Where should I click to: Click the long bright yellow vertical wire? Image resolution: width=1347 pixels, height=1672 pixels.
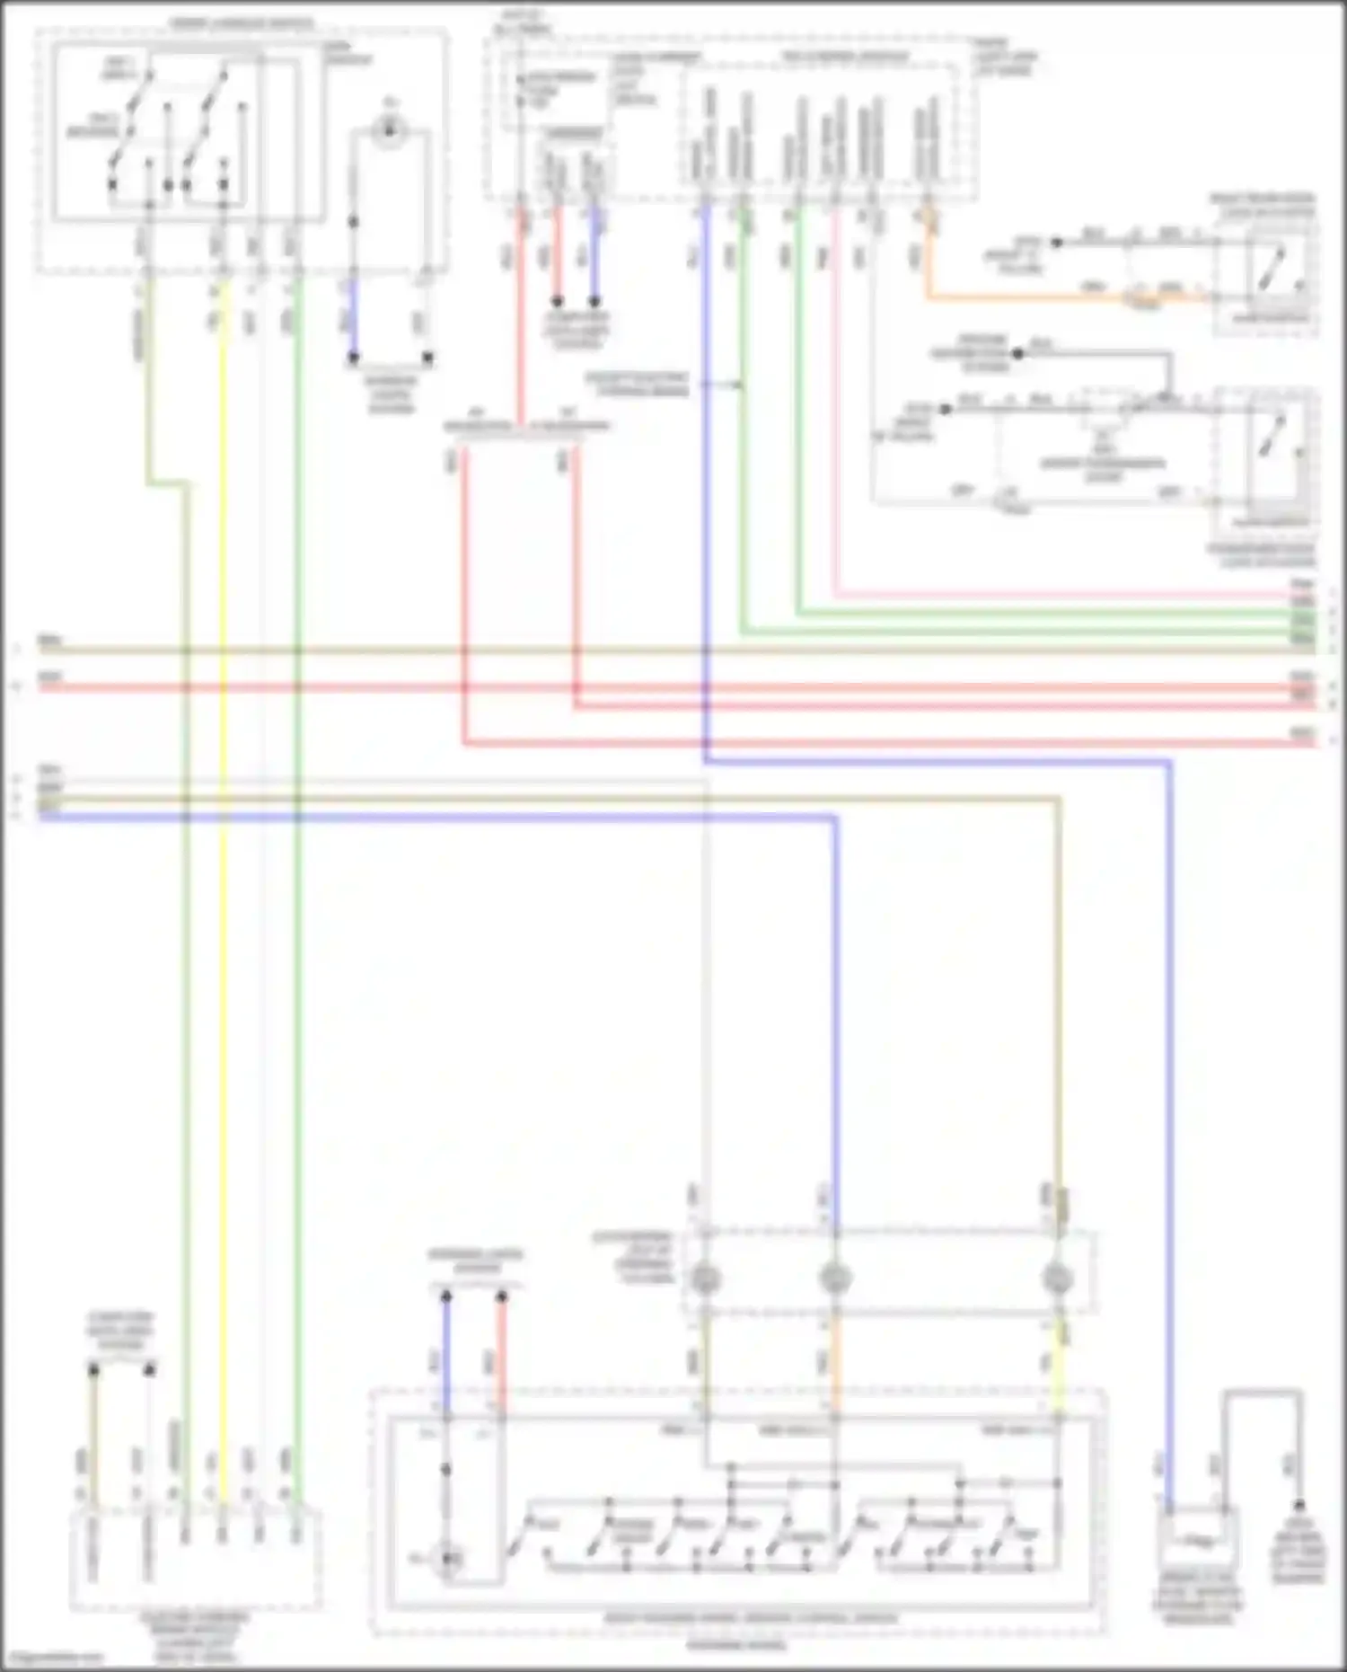pyautogui.click(x=224, y=809)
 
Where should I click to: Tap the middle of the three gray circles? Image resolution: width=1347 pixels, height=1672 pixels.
pyautogui.click(x=835, y=1278)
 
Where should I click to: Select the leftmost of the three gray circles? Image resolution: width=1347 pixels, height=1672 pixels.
pyautogui.click(x=706, y=1278)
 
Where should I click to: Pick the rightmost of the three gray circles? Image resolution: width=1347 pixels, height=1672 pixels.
pyautogui.click(x=1058, y=1278)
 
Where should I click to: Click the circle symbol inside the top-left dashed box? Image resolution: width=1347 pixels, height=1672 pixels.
pyautogui.click(x=390, y=132)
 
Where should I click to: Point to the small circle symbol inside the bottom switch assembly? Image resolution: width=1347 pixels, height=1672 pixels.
pyautogui.click(x=448, y=1559)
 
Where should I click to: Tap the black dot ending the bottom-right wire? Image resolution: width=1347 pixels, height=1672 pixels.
pyautogui.click(x=1299, y=1506)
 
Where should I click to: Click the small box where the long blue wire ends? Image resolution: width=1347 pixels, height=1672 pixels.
pyautogui.click(x=1199, y=1543)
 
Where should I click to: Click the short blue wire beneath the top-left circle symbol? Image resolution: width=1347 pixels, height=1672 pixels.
pyautogui.click(x=353, y=319)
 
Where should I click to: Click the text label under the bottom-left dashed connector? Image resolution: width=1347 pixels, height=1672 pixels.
pyautogui.click(x=195, y=1636)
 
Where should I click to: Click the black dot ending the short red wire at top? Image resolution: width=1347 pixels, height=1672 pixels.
pyautogui.click(x=557, y=302)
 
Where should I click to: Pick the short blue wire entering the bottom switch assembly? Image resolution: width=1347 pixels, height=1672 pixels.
pyautogui.click(x=446, y=1357)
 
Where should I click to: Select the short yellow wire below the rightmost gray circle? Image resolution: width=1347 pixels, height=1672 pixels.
pyautogui.click(x=1058, y=1366)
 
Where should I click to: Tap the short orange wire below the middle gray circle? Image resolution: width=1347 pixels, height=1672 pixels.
pyautogui.click(x=835, y=1366)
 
